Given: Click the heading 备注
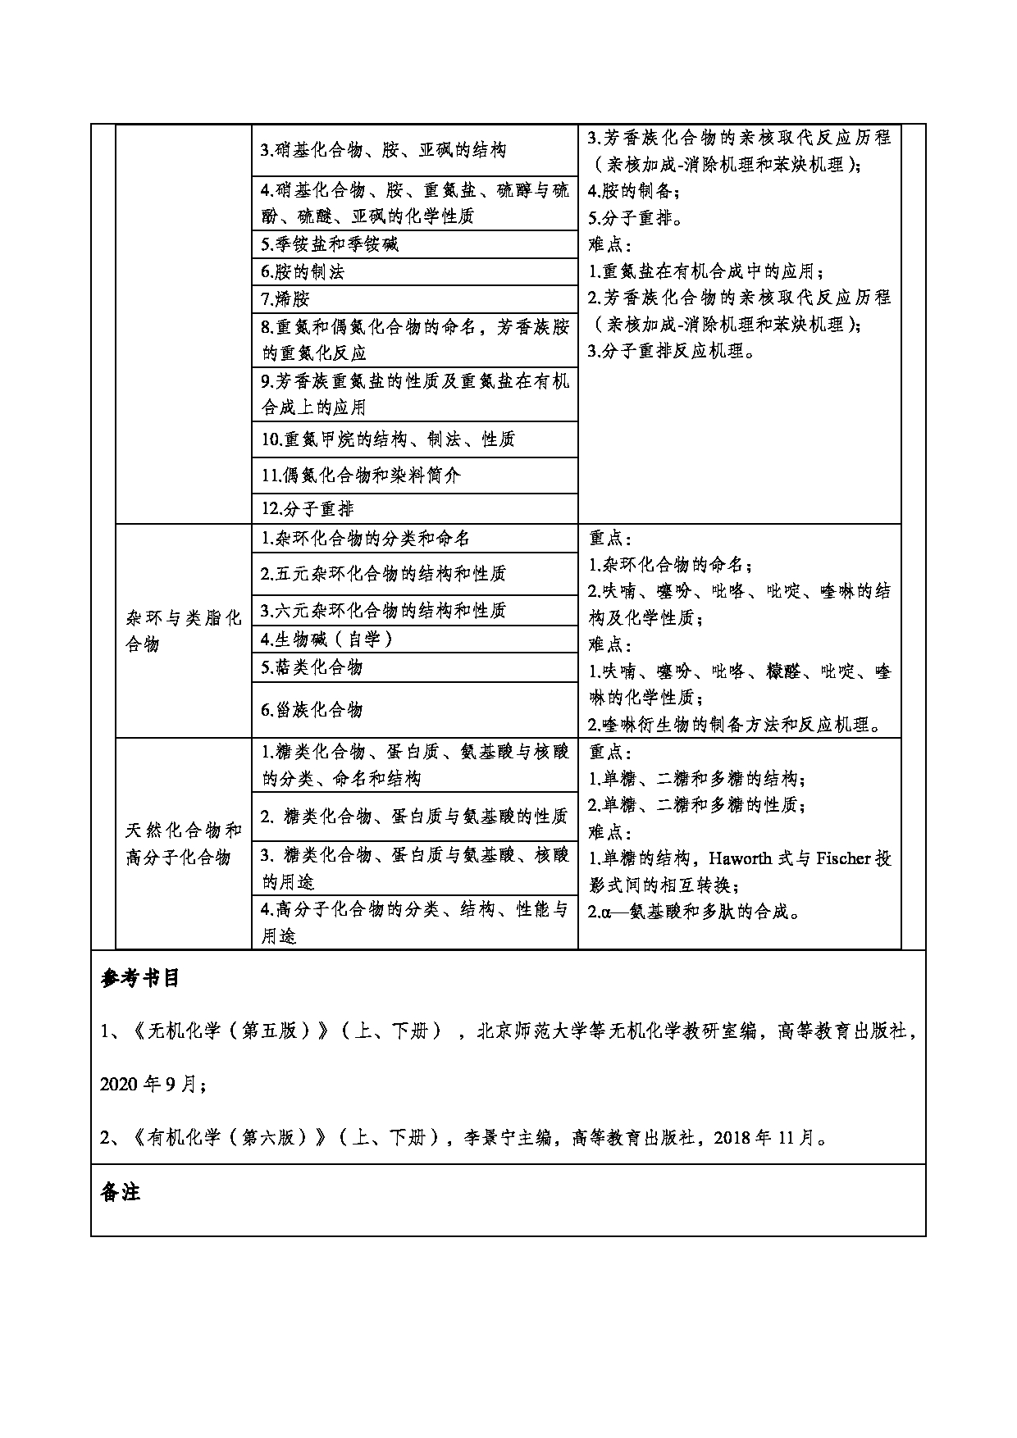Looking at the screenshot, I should tap(120, 1193).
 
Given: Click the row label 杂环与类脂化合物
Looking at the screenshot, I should tap(183, 630).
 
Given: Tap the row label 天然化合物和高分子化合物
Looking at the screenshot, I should tap(183, 844).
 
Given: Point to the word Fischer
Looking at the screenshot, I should tap(844, 858).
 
